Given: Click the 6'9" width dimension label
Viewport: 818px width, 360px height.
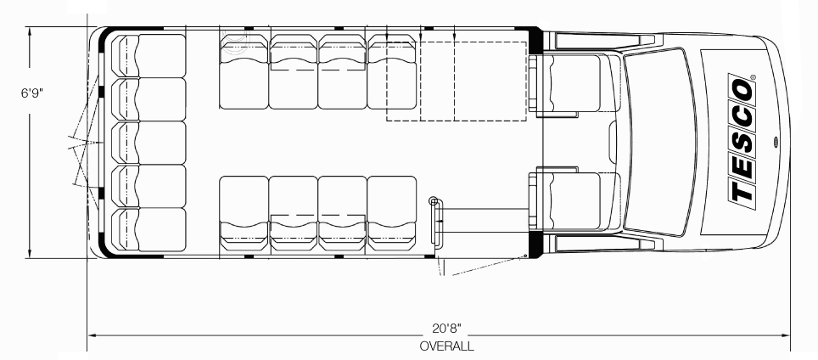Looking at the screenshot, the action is tap(32, 93).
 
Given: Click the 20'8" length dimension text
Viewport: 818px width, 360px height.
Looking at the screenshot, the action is tap(446, 329).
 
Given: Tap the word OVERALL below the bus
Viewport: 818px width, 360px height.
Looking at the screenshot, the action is tap(446, 346).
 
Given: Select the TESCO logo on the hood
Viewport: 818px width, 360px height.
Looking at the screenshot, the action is tap(742, 141).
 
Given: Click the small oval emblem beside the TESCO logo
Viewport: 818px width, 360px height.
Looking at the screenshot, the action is tap(776, 141).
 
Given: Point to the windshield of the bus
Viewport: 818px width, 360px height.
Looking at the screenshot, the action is tap(660, 142).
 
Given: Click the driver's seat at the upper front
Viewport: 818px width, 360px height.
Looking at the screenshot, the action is tap(573, 83).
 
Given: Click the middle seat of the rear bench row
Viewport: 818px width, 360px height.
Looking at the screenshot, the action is tap(148, 143).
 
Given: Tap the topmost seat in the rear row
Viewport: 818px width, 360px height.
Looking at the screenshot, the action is tap(148, 56).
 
